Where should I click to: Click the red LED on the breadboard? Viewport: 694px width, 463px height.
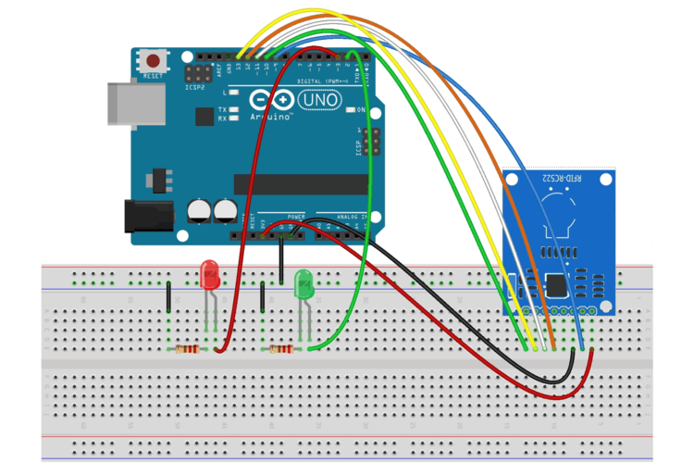[210, 274]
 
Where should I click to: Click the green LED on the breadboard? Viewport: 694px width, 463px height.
[304, 283]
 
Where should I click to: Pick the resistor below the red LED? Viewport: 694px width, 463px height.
[188, 349]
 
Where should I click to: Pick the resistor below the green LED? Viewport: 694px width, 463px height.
[281, 349]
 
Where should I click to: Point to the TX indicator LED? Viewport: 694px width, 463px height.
[235, 109]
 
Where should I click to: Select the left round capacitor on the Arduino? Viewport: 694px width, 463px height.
[199, 210]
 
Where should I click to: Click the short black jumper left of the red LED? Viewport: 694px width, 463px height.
[168, 298]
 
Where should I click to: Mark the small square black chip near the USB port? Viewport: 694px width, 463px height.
[204, 116]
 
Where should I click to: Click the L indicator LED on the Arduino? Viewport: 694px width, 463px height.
[235, 93]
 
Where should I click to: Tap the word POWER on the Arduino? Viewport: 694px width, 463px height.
[296, 216]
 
